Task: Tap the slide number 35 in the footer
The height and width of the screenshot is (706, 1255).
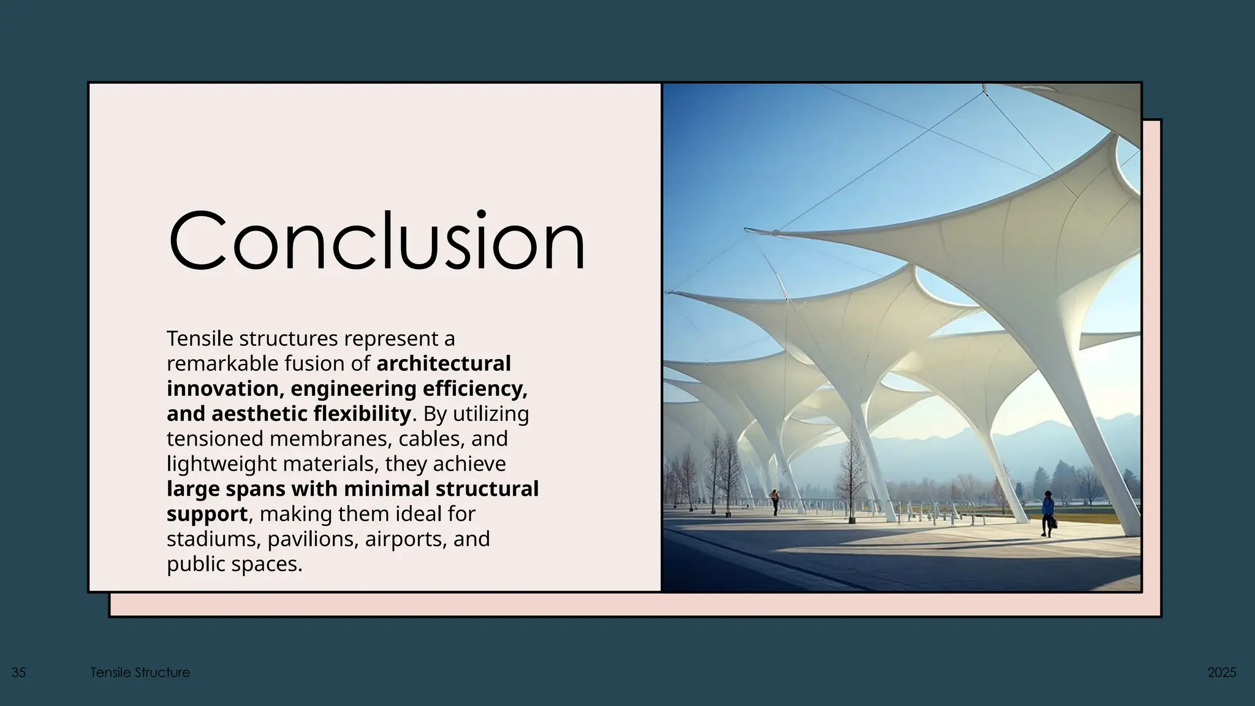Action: pyautogui.click(x=18, y=672)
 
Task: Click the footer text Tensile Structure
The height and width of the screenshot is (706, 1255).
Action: pyautogui.click(x=140, y=672)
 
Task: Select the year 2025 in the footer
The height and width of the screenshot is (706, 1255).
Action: pyautogui.click(x=1221, y=672)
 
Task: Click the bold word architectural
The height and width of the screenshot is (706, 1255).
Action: pyautogui.click(x=443, y=363)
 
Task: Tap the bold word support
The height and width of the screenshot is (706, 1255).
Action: pyautogui.click(x=207, y=514)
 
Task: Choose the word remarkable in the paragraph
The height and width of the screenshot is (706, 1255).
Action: pyautogui.click(x=222, y=363)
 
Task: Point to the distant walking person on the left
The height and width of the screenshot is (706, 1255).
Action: pyautogui.click(x=775, y=501)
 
